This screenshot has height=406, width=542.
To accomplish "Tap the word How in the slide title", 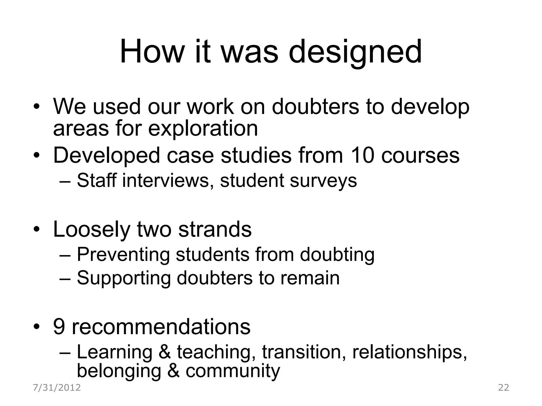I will pos(152,52).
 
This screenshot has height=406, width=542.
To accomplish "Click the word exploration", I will pos(203,129).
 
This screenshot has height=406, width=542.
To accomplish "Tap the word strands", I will pos(215,229).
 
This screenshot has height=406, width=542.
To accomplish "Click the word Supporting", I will pos(124,278).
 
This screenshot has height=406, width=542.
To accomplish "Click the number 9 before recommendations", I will pos(59,327).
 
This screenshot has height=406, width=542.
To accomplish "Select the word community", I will pos(233,371).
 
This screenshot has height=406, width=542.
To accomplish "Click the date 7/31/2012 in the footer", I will pos(57,388).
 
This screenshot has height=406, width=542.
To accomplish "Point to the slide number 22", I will pos(504,388).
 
